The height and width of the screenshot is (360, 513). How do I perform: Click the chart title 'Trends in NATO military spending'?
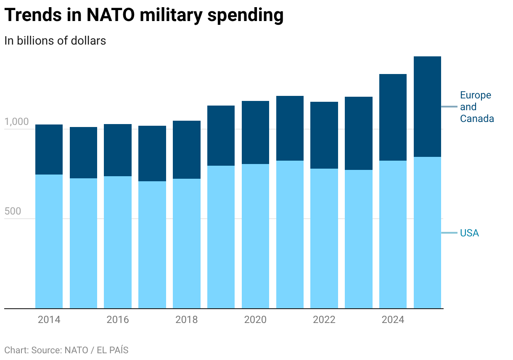tap(144, 16)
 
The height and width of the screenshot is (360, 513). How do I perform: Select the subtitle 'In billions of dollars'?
tap(55, 41)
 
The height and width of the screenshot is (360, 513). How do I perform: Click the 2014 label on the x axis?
tap(49, 320)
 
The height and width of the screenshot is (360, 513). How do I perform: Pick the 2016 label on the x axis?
tap(118, 320)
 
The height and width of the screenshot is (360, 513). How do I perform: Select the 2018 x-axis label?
tap(186, 320)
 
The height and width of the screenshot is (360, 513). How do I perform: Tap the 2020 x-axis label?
tap(255, 320)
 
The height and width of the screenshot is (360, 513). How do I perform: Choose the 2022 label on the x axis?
tap(324, 320)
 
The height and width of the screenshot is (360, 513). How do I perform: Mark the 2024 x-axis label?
tap(393, 320)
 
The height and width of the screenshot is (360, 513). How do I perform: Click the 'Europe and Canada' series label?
tap(476, 107)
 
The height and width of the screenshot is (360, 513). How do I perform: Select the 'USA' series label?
tap(469, 233)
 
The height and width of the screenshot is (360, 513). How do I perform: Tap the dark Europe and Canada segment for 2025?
tap(427, 106)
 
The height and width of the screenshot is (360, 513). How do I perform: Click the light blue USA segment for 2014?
tap(49, 241)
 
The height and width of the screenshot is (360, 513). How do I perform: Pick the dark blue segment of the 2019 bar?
tap(221, 135)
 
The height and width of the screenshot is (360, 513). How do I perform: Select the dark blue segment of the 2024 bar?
tap(393, 117)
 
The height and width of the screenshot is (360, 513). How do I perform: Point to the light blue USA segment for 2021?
tap(290, 235)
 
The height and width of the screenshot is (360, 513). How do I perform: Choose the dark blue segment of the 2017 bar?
tap(152, 154)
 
